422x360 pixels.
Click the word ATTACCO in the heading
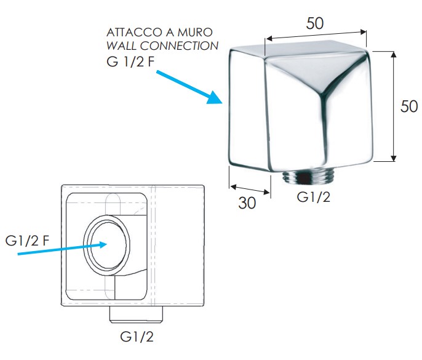click(x=134, y=33)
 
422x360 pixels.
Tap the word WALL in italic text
click(x=122, y=46)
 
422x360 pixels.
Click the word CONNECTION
click(x=180, y=46)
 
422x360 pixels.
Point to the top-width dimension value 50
click(x=314, y=23)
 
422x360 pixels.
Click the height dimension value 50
click(x=409, y=106)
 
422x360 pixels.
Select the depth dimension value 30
click(x=247, y=202)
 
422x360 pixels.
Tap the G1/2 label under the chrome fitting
click(x=314, y=197)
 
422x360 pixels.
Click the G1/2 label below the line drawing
click(x=137, y=337)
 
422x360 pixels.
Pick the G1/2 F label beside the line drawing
click(x=27, y=241)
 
